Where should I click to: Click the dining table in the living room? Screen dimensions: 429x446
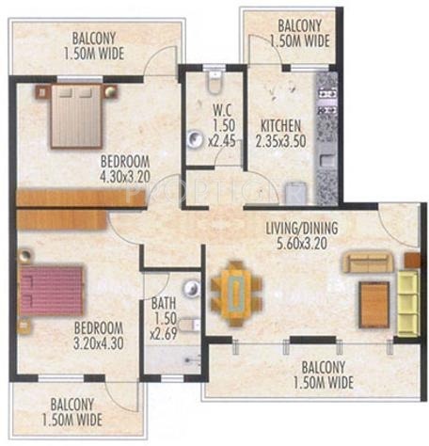click(237, 294)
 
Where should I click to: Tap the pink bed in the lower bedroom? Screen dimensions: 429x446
click(52, 291)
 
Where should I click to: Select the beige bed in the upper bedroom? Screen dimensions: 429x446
click(76, 116)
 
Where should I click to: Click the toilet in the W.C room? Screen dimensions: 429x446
click(215, 82)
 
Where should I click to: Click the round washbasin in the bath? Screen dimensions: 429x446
click(192, 288)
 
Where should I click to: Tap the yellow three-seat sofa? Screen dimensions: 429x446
click(408, 303)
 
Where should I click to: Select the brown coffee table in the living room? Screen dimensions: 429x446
click(374, 305)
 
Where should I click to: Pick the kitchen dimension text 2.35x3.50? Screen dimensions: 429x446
click(281, 141)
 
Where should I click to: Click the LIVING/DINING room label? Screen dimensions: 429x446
click(302, 229)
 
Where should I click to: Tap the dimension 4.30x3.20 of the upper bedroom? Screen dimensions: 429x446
click(125, 176)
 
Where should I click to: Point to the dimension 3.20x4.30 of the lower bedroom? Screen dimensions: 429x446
click(99, 343)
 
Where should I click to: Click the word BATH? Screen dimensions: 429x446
click(164, 303)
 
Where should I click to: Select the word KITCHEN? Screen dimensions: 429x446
click(280, 126)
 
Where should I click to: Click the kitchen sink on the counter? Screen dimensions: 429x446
click(327, 160)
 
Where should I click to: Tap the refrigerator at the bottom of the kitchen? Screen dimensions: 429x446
click(295, 194)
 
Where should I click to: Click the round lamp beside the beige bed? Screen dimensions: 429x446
click(110, 91)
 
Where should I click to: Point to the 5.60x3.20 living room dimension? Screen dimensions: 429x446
click(302, 243)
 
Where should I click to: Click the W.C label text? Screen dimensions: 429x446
click(222, 110)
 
